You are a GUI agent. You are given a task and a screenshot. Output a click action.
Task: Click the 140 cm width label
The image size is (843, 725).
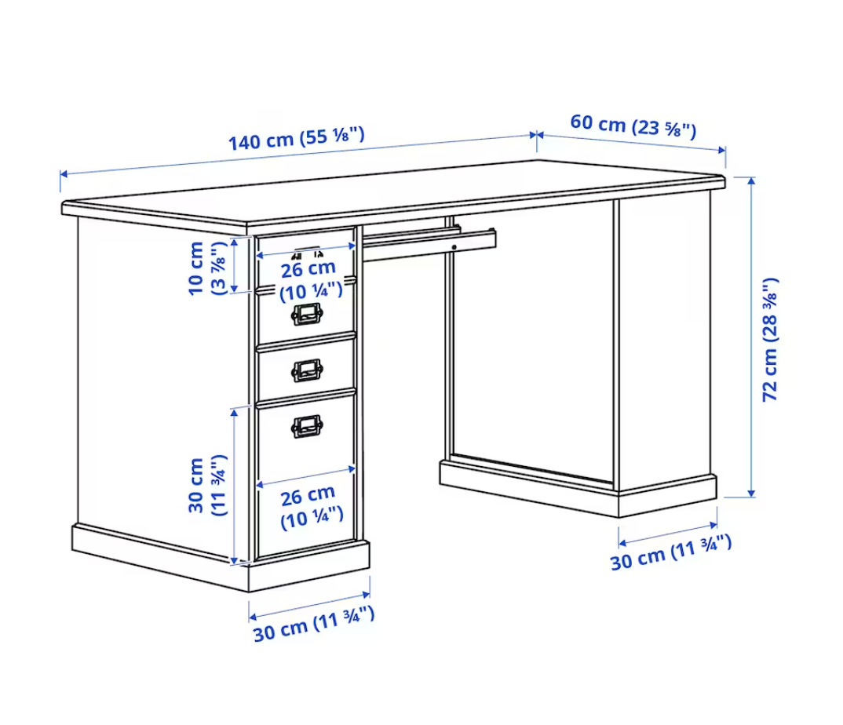[x=296, y=138]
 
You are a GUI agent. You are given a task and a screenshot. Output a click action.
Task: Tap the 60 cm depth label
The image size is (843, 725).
[x=633, y=126]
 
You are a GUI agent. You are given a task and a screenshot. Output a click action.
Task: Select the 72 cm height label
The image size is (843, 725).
[x=770, y=340]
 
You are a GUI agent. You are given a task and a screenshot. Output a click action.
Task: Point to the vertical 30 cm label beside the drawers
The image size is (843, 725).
[x=207, y=486]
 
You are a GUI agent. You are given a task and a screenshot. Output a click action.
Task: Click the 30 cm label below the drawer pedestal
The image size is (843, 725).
[x=314, y=624]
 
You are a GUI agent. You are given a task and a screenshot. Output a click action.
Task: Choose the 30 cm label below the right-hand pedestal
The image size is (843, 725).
[x=671, y=552]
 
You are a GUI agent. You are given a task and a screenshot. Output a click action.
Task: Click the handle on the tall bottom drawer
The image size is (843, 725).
[x=307, y=427]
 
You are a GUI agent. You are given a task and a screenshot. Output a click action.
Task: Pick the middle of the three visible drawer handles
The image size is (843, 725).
[x=307, y=370]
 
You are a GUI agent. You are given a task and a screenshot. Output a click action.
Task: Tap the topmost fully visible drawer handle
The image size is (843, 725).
[x=307, y=314]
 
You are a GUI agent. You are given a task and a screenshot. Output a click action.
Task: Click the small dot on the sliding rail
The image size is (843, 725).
[x=454, y=247]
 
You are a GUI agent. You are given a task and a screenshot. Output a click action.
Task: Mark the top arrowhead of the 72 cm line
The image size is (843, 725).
[x=752, y=181]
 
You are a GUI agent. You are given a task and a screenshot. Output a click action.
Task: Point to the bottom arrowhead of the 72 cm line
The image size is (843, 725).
[x=752, y=493]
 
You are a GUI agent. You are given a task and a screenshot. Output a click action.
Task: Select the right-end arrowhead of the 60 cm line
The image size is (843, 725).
[x=721, y=150]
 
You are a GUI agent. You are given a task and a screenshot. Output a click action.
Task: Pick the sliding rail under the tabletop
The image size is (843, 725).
[x=429, y=243]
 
